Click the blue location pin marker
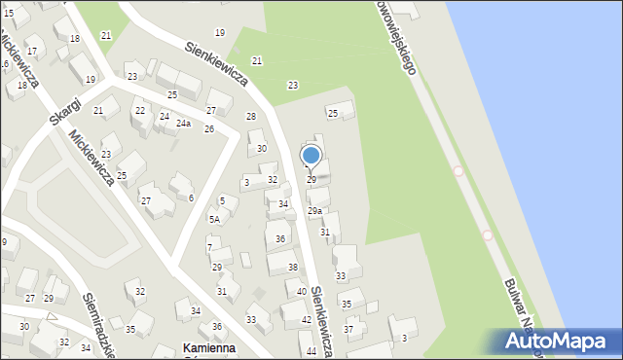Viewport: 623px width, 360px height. [311, 156]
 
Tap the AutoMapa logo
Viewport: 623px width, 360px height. [558, 341]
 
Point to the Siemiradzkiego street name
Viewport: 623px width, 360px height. [100, 323]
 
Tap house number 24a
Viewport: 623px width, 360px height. [183, 124]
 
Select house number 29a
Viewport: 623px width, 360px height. [314, 211]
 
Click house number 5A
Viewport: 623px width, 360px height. [215, 220]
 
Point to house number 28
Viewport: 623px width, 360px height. [250, 117]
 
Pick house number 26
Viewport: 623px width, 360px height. [208, 128]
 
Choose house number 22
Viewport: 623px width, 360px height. [140, 111]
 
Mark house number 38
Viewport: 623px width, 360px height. [292, 267]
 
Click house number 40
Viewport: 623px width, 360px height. [302, 292]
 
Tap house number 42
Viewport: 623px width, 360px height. [306, 320]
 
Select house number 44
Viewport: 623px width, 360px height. [311, 350]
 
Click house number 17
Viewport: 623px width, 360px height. [31, 51]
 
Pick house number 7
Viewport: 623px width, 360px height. [208, 247]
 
